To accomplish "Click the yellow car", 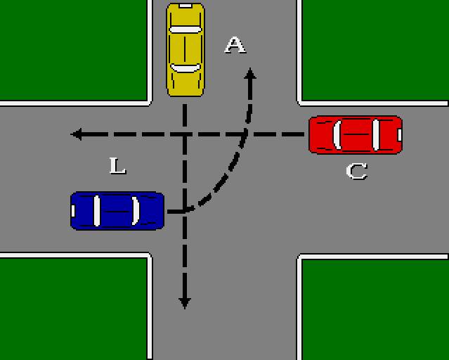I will (x=186, y=49).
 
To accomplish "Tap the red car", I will (x=356, y=134).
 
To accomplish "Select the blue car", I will (x=117, y=210).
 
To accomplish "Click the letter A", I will (x=235, y=45).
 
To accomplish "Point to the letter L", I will (x=117, y=166).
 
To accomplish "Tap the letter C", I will (x=357, y=171).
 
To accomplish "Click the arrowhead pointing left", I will (x=76, y=134).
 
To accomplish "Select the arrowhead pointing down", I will (x=185, y=303).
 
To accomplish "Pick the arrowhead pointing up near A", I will (x=249, y=72).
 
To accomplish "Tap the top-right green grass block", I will (x=375, y=49).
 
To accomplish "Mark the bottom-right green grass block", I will (x=375, y=309).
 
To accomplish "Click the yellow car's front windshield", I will (x=186, y=67).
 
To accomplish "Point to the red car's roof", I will (x=357, y=134).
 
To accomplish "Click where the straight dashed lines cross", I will (x=185, y=134).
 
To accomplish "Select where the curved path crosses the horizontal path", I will (x=246, y=134).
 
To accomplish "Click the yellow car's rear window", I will (x=186, y=30).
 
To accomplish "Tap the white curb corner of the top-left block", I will (x=150, y=103).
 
